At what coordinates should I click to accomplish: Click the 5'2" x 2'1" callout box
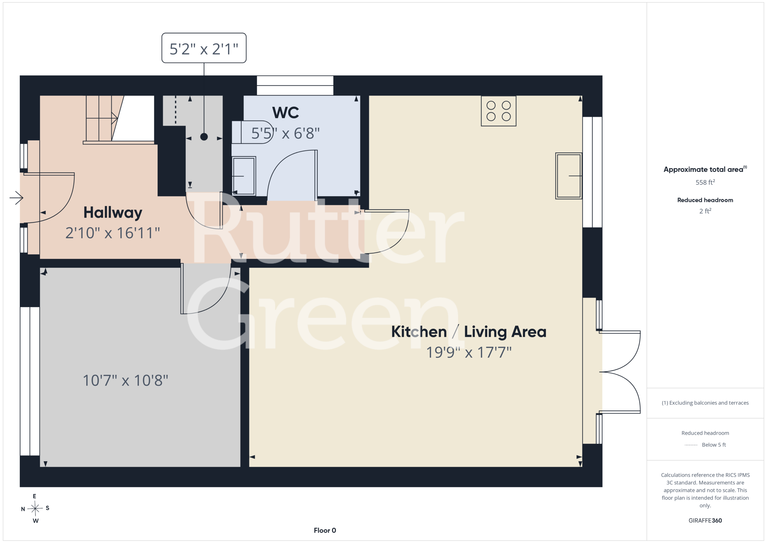click(204, 48)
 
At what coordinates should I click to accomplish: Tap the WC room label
click(285, 113)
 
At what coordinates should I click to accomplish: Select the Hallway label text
click(113, 213)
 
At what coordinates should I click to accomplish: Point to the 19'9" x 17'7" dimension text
click(469, 352)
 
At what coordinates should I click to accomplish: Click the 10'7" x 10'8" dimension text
click(125, 380)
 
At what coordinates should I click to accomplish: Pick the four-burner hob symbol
click(499, 111)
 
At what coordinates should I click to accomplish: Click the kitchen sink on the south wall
click(569, 176)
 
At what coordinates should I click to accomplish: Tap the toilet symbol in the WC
click(253, 132)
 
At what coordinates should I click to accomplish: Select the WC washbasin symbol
click(244, 176)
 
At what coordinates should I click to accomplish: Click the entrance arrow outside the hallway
click(16, 198)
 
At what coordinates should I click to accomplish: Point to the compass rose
click(35, 509)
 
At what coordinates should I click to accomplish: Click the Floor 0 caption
click(325, 530)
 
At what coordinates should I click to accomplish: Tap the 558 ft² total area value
click(705, 182)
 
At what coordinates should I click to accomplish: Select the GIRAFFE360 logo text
click(705, 521)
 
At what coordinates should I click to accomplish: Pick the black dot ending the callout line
click(204, 136)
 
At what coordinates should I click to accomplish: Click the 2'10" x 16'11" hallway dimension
click(113, 233)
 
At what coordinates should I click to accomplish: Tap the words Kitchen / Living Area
click(469, 332)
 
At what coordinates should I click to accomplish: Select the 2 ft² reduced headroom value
click(705, 211)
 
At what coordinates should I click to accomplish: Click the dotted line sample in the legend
click(691, 445)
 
